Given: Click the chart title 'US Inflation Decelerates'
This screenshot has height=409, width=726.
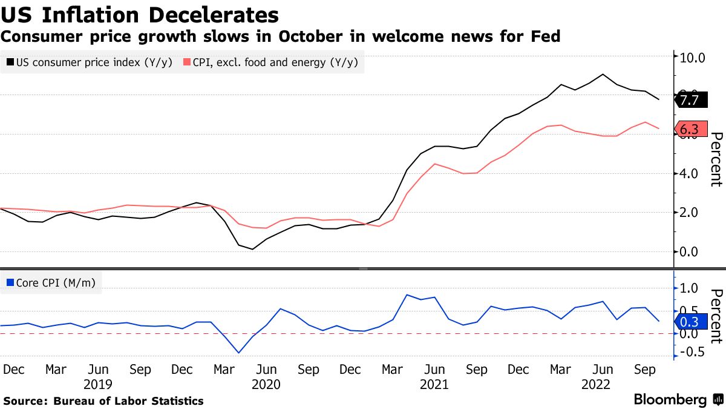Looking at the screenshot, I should pos(140,15).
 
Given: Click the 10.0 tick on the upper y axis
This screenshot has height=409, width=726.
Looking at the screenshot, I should pos(693,58).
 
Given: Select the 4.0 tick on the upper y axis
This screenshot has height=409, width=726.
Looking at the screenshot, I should pos(693,174).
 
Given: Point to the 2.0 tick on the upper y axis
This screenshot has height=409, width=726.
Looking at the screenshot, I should pos(693,213).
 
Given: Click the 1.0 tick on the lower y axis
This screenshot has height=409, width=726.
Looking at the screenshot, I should pos(693,288).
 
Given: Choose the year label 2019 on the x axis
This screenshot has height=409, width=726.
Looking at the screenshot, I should pos(98,384).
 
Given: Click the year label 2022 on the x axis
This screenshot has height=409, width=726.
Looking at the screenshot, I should pos(596,384).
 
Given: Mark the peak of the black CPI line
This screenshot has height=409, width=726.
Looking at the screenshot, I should pos(603,75).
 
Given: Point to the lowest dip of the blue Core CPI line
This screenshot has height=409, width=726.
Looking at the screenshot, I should pos(238,353).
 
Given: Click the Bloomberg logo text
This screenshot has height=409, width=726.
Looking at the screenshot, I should pos(670,400).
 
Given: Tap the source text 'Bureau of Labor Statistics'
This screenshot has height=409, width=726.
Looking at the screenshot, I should pos(128,401).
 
